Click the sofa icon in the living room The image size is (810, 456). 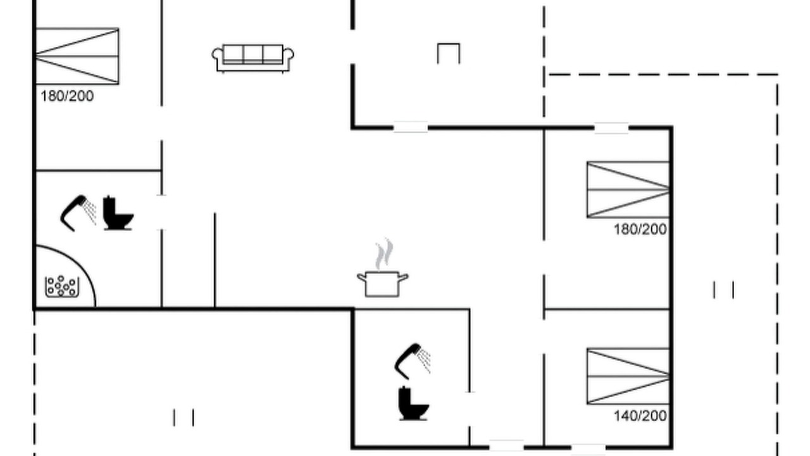point(252,58)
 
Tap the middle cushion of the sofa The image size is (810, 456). point(252,54)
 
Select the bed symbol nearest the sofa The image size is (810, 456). point(77,56)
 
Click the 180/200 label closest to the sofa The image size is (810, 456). point(67,96)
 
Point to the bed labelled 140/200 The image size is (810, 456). point(628,376)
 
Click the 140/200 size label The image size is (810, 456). point(640,416)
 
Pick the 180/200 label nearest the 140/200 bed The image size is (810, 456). point(640,229)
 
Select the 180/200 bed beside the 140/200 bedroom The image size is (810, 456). point(628,189)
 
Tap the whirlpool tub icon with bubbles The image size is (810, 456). point(62,287)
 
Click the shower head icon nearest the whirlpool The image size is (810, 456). point(78,213)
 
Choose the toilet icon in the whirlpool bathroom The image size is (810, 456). point(118,213)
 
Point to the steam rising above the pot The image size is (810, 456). point(384,254)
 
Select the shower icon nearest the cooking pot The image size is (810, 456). point(412,362)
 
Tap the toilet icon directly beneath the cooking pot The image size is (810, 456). point(413,404)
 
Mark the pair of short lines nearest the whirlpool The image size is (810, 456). point(184,417)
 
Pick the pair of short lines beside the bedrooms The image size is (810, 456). point(723,290)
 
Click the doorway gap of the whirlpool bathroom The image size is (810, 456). point(161,212)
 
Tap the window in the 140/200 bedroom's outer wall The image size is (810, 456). point(589,448)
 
